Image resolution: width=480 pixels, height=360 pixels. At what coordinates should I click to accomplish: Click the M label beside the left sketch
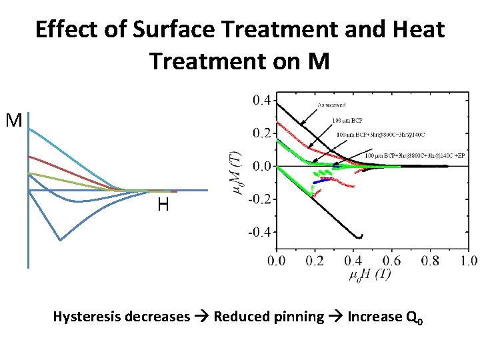coord(14,121)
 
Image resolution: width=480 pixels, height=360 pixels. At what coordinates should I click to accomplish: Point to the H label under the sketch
coord(163,205)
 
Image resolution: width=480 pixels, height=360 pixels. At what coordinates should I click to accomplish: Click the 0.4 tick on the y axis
coord(261,100)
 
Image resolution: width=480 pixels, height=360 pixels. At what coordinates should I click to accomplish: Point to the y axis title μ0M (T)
coord(236,171)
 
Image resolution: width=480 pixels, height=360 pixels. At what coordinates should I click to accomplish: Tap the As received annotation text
coord(331,105)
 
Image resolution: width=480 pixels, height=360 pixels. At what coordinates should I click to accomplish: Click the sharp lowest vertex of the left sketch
coord(61,240)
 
